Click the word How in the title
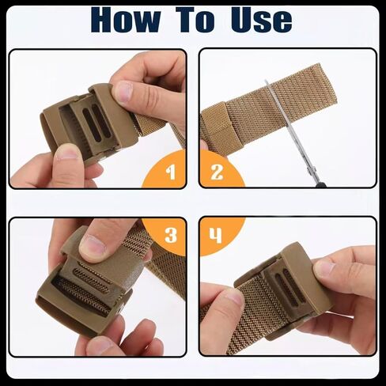tap(134, 21)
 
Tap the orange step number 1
tap(170, 172)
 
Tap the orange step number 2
tap(215, 172)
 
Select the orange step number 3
tap(170, 236)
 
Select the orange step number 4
tap(215, 236)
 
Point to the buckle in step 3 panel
tap(79, 285)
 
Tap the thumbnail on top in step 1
tap(125, 93)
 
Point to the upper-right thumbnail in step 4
tap(325, 268)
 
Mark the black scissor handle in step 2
tap(320, 184)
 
